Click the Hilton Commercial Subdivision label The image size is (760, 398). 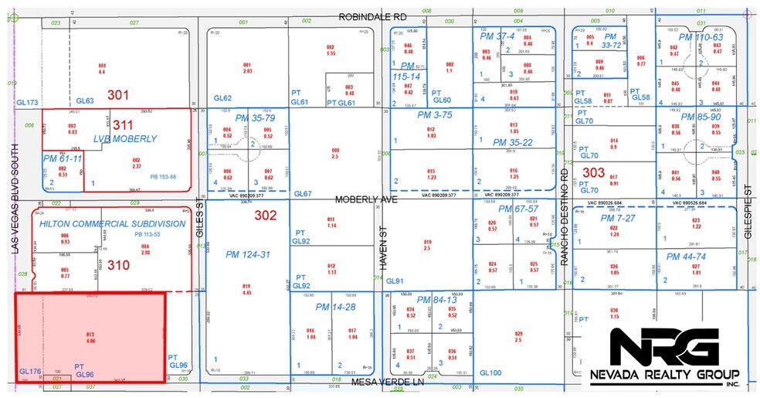[x=113, y=223]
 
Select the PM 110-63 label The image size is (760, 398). [x=701, y=37]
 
